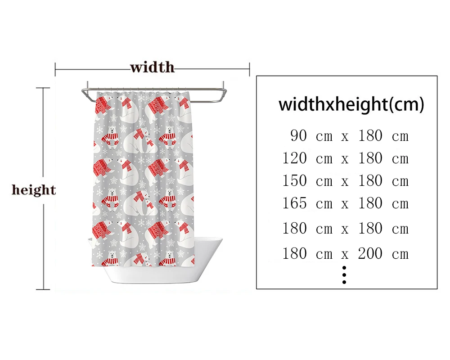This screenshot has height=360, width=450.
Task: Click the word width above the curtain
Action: tap(152, 67)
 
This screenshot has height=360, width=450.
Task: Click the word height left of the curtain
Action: tap(34, 189)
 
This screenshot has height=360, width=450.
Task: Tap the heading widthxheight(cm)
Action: tap(351, 104)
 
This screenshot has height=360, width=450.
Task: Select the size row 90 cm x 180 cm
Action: tap(349, 135)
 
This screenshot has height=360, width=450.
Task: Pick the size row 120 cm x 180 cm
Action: tap(346, 158)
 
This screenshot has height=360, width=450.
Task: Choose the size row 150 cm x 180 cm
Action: tap(346, 180)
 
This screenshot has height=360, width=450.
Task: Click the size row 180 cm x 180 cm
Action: tap(346, 228)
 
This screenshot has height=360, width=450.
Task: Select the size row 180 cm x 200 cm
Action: tap(346, 253)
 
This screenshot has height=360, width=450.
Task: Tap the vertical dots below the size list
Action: tap(344, 274)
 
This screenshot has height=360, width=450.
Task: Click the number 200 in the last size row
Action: tap(370, 253)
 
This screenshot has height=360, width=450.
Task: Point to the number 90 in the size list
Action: tap(299, 135)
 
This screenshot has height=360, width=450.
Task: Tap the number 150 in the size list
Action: tap(295, 180)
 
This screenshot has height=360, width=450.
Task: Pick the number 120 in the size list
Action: tap(295, 158)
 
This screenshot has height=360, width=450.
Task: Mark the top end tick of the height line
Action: tap(43, 88)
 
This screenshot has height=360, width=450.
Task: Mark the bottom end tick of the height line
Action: tap(43, 289)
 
